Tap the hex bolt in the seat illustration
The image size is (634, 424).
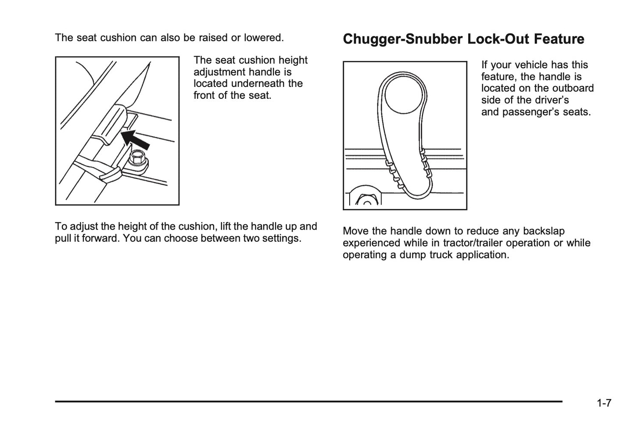(138, 158)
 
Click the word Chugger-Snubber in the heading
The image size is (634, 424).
(403, 39)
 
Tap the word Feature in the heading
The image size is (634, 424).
(559, 39)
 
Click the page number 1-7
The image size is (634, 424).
(604, 403)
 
